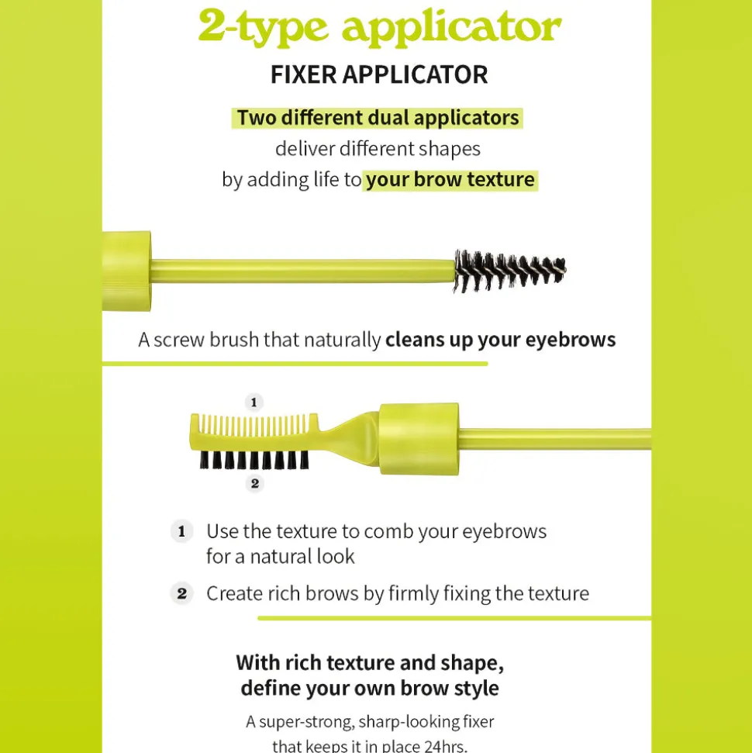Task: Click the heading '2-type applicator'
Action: [379, 27]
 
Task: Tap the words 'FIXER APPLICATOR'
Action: [379, 75]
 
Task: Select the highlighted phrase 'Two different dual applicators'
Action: [378, 118]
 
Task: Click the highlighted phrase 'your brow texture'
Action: [450, 180]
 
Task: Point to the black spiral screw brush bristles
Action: [509, 271]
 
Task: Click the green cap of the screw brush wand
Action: [127, 271]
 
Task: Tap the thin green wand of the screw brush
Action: [302, 271]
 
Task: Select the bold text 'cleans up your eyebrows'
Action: [500, 340]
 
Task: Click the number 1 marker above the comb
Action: [254, 402]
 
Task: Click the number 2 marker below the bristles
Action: [255, 484]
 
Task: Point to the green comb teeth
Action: [253, 426]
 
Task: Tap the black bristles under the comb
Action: [254, 460]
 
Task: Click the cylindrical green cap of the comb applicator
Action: [419, 439]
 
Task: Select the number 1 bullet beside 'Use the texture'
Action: [182, 532]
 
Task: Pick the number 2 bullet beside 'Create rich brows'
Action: [182, 593]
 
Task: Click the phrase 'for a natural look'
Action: [281, 557]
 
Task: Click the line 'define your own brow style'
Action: [370, 688]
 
